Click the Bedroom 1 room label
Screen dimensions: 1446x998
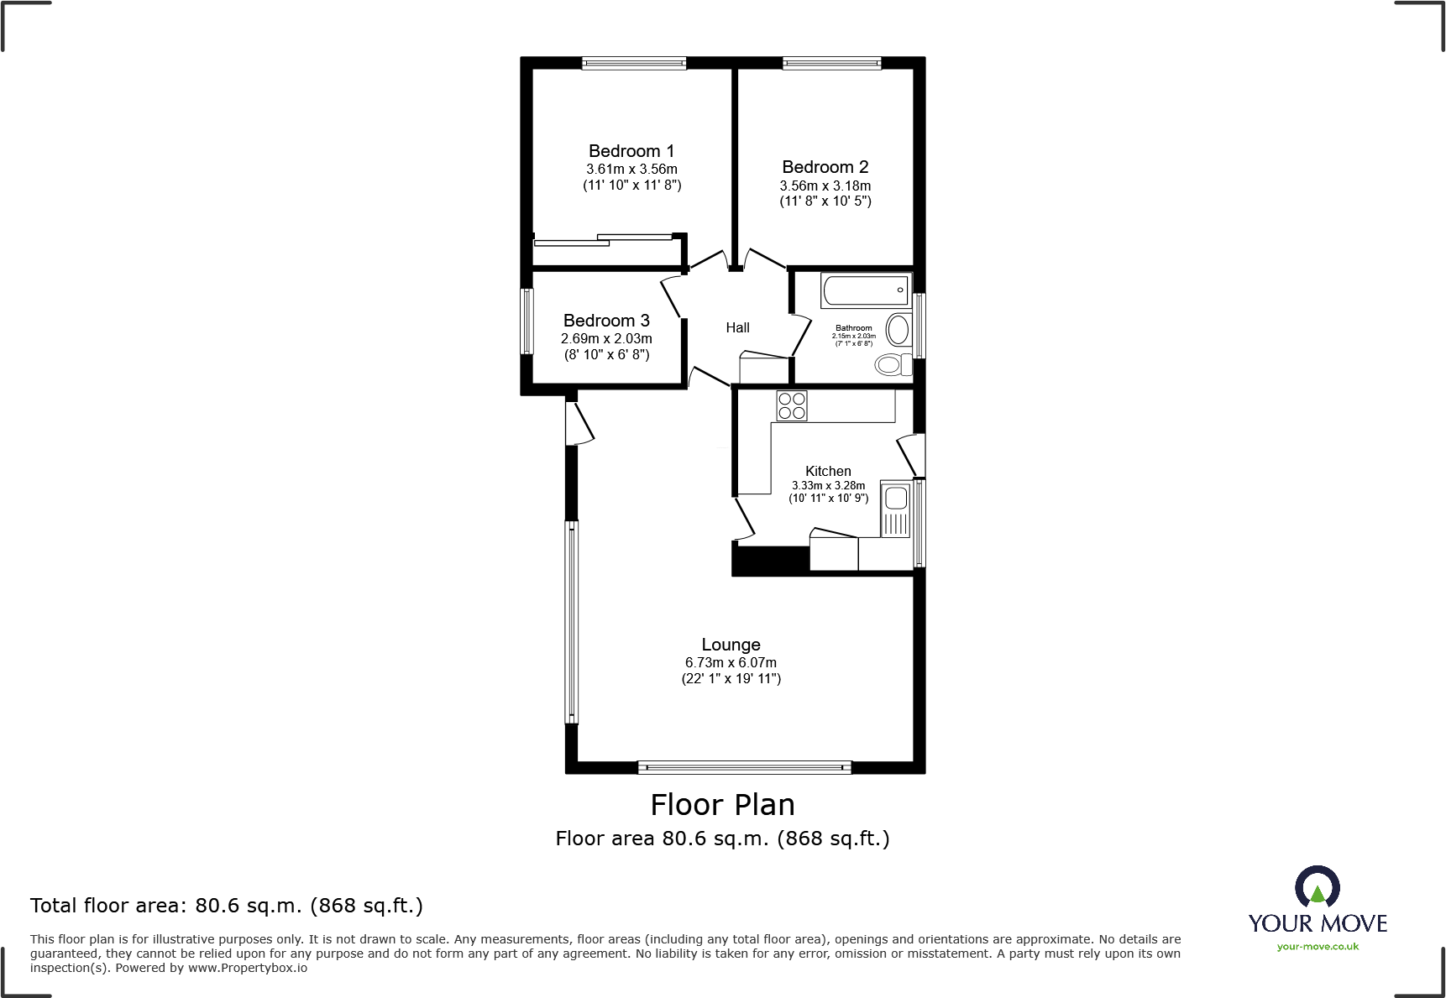631,151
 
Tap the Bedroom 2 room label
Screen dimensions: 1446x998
825,167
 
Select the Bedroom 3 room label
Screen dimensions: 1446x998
606,321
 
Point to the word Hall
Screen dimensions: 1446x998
737,327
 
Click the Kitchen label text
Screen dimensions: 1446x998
828,471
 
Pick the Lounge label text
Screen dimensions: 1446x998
731,645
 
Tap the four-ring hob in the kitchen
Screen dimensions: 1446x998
792,405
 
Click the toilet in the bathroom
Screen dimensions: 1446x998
893,364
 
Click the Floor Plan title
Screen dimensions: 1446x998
722,805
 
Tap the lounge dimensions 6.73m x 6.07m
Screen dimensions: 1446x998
731,662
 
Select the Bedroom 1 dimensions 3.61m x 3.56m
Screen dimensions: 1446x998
631,169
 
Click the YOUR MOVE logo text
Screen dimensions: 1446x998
1318,923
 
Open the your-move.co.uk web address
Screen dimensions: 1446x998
1318,947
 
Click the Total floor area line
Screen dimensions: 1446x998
227,906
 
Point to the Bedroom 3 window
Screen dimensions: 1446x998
527,321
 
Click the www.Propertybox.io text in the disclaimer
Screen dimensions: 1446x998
248,968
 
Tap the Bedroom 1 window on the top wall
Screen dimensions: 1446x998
634,62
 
